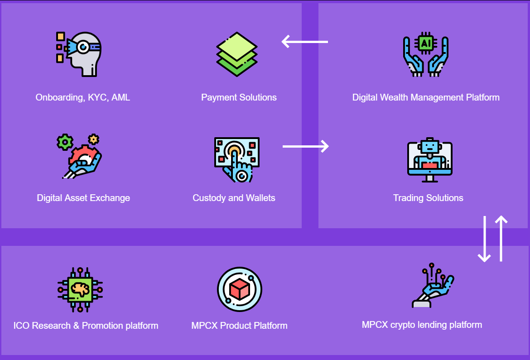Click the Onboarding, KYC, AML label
82,97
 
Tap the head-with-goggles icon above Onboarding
80,53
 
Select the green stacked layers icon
237,54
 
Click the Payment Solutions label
239,97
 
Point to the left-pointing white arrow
304,42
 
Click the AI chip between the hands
426,43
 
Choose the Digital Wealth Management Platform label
426,97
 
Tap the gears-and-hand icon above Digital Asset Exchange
80,155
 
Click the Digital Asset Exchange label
83,198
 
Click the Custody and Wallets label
234,198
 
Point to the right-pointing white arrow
306,146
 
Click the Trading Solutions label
428,198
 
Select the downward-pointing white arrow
484,239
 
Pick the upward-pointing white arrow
501,239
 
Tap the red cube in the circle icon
240,289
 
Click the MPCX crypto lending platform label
422,325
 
